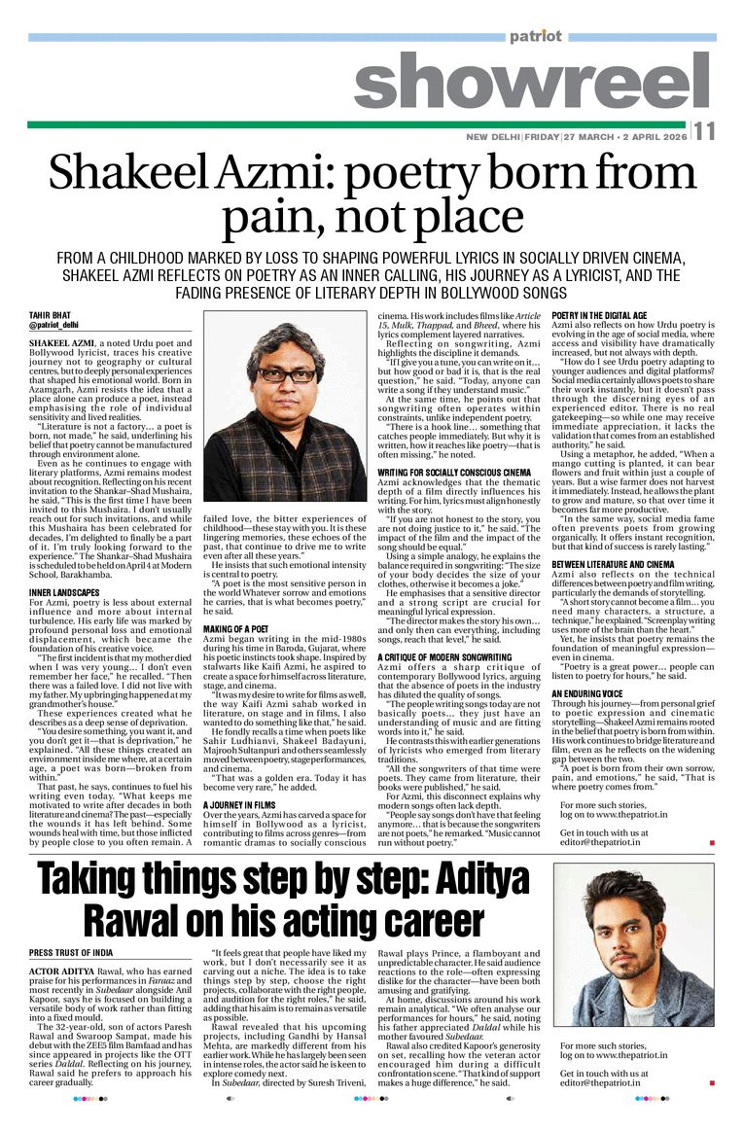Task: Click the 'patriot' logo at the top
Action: tap(535, 36)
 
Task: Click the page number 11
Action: tap(704, 133)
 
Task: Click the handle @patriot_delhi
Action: tap(54, 325)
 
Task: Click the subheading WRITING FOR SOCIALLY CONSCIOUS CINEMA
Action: tap(457, 473)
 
